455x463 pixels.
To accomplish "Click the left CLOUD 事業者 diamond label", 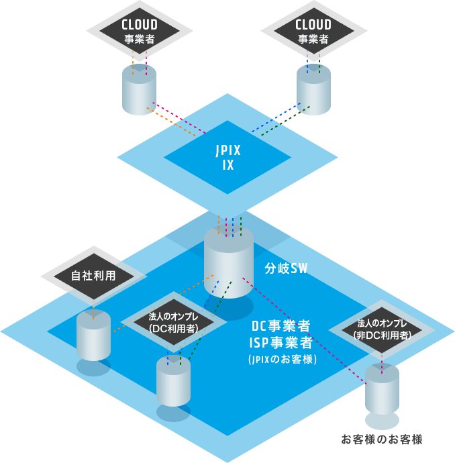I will coord(140,32).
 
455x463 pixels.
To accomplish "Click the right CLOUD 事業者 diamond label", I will coord(313,32).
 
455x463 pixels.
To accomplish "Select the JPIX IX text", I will coord(228,157).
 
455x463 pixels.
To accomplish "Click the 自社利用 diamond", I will coord(94,276).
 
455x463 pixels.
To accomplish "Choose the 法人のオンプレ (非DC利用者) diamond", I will coord(383,329).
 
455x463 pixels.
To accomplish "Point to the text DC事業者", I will coord(281,327).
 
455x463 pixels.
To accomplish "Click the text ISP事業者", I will coord(281,343).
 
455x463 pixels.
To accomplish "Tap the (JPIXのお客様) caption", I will coord(281,360).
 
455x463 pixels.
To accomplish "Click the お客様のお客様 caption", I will coord(382,440).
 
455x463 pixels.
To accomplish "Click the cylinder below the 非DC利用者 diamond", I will coord(383,391).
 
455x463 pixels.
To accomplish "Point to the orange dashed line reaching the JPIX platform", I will coord(176,121).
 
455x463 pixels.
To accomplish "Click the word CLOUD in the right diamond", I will coord(313,25).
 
